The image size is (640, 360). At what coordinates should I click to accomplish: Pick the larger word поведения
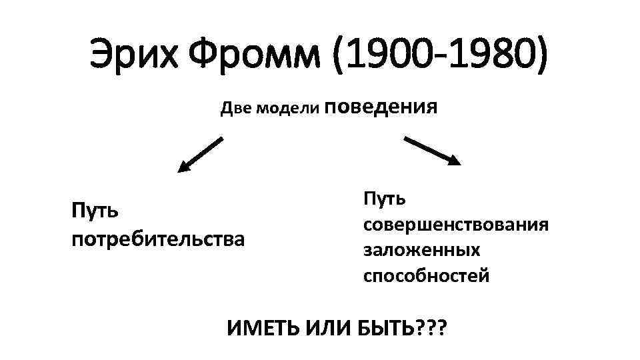pos(383,107)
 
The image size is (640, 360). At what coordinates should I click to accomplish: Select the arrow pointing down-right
pos(433,151)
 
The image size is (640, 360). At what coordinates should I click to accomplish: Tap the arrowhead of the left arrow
pos(183,167)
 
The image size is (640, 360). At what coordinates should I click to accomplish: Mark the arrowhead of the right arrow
pos(455,160)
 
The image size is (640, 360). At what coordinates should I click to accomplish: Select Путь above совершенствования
pos(386,198)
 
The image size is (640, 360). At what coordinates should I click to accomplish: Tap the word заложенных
pos(421,250)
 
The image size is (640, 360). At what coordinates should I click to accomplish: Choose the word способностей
pos(426,275)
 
